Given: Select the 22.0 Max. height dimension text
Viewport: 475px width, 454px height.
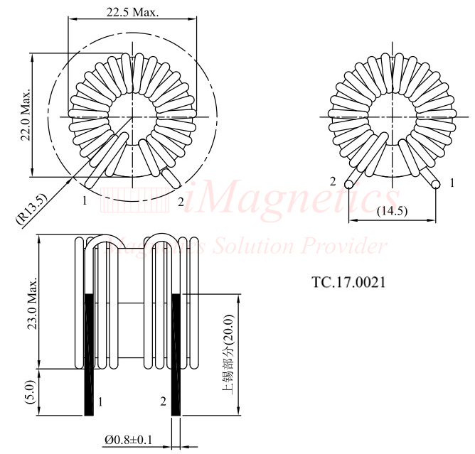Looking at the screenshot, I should point(26,116).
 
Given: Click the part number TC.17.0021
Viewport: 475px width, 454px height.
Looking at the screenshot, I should point(348,282).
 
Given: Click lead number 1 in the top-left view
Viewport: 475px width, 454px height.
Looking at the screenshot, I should point(84,201).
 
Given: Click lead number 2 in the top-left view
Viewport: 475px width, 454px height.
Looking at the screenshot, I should point(181,201).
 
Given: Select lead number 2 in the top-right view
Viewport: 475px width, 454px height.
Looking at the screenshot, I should point(332,181).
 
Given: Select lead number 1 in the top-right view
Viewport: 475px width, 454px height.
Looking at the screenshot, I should point(452,183).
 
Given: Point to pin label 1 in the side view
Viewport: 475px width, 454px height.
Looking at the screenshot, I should point(100,402).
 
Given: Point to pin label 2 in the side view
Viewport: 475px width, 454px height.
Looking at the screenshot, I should point(163,402).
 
